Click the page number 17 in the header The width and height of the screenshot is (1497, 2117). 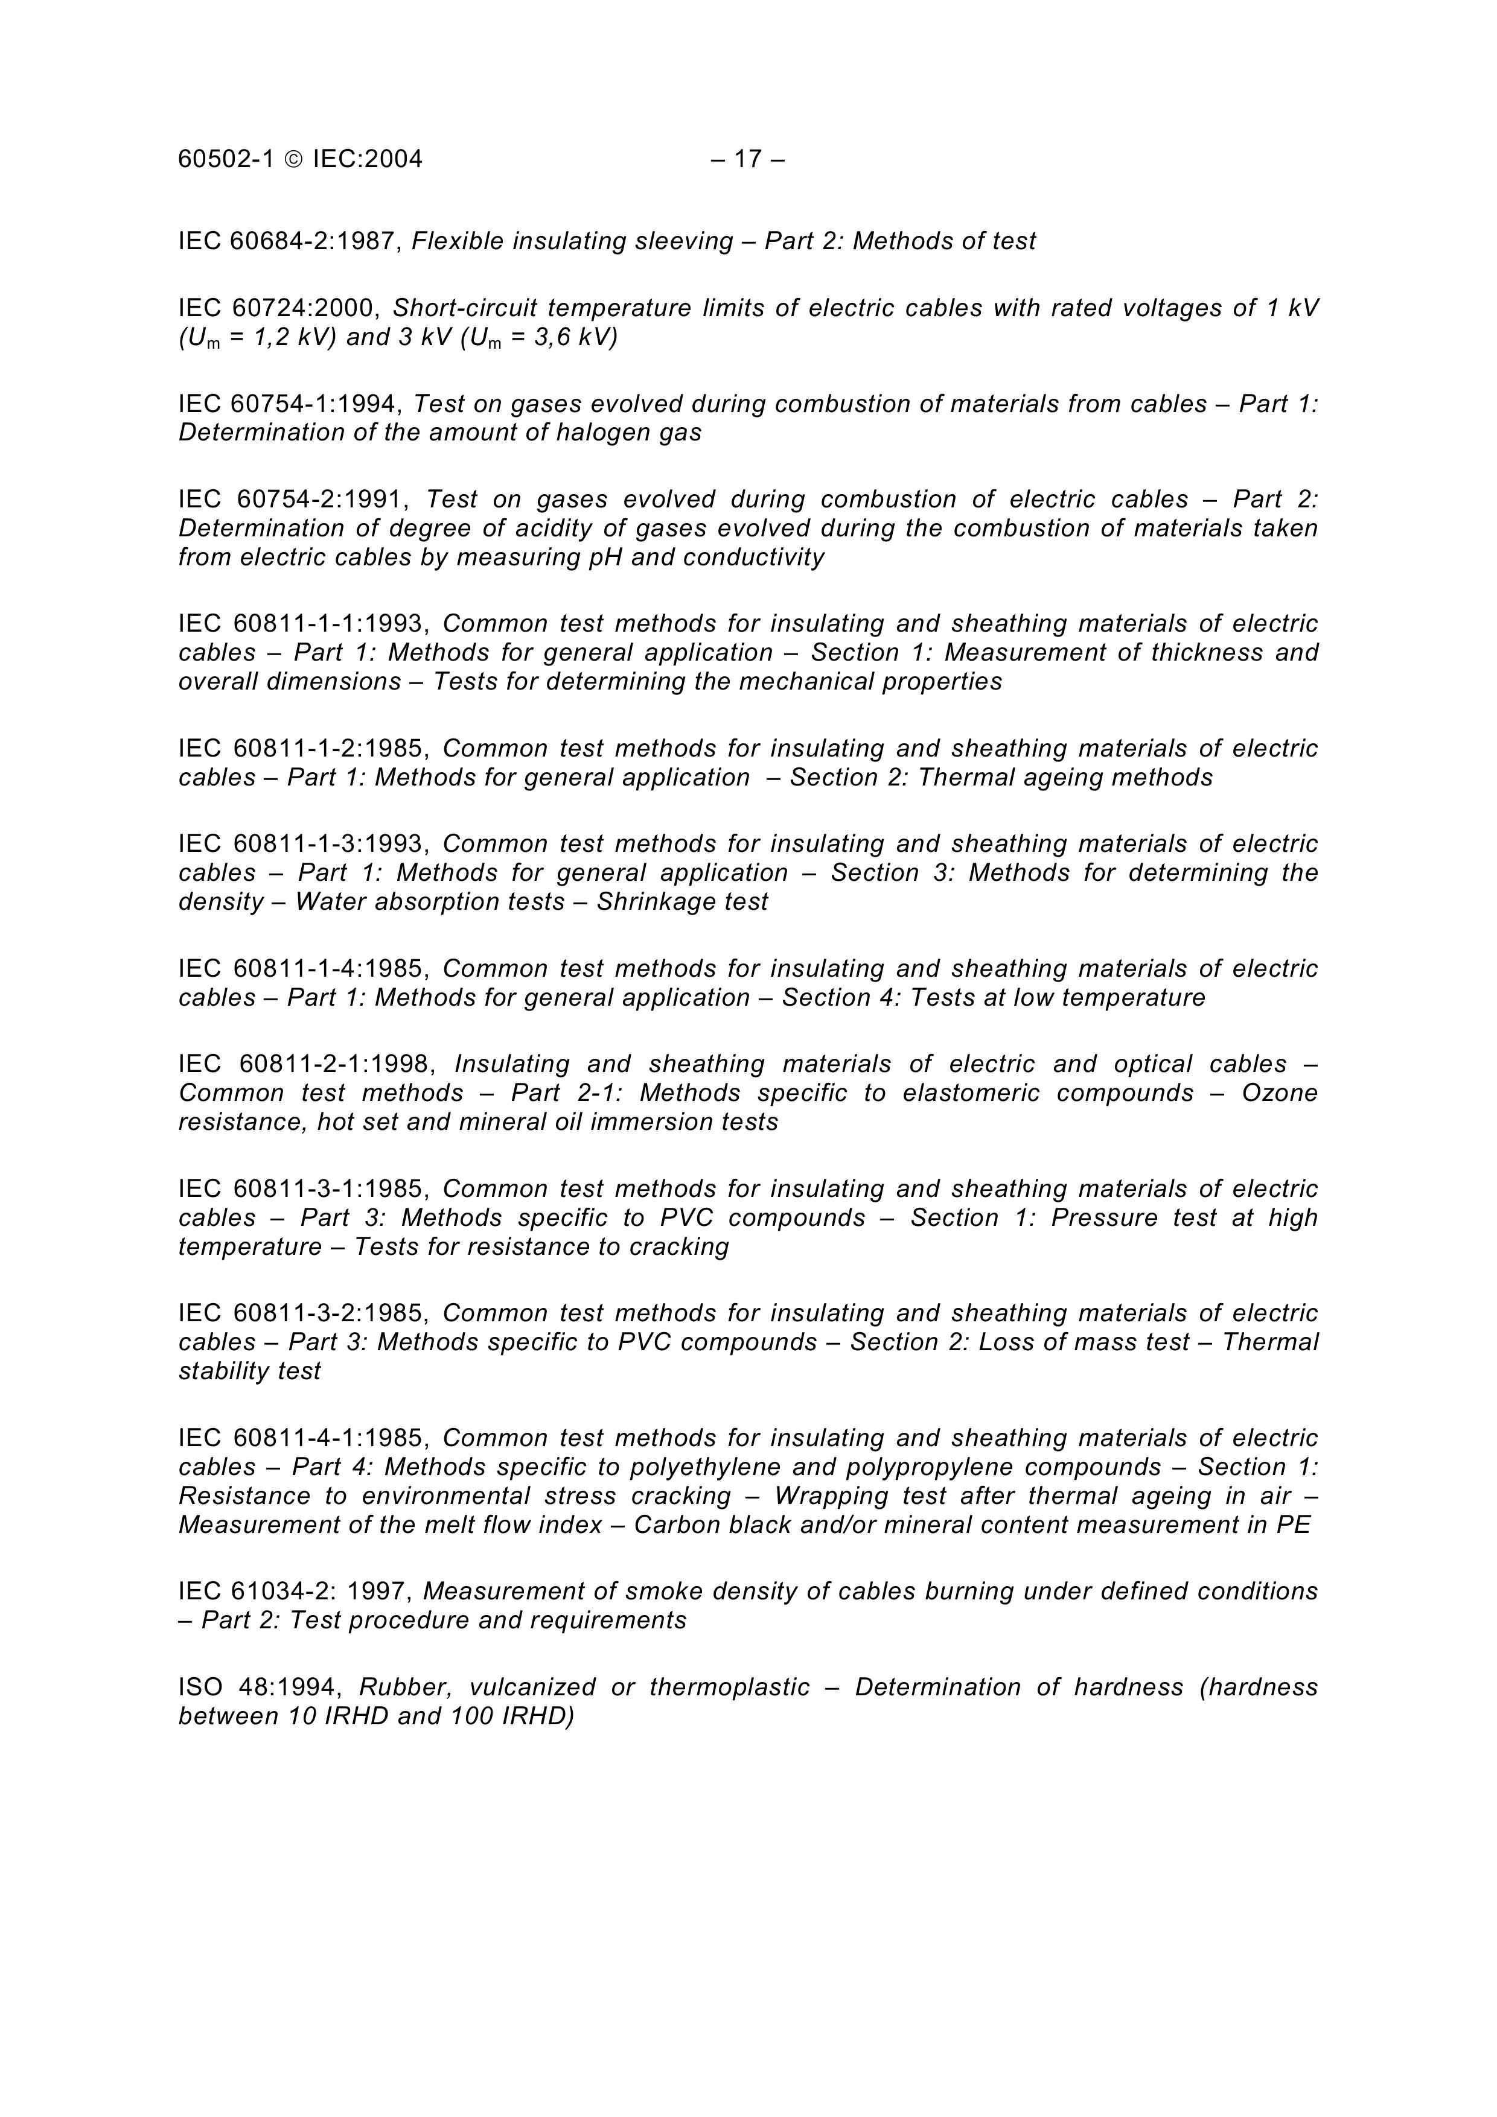[x=748, y=159]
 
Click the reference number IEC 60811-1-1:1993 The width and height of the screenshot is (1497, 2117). [x=304, y=624]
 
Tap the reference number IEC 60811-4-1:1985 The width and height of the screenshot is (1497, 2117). [x=304, y=1438]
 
